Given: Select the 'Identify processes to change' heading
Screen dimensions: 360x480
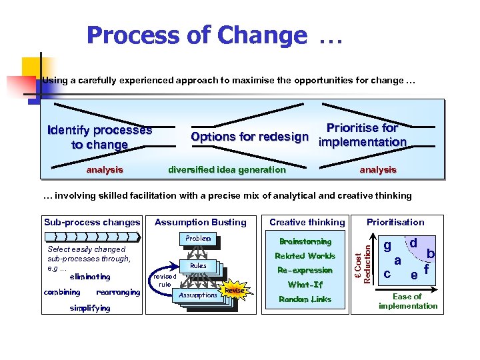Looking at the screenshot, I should click(100, 137).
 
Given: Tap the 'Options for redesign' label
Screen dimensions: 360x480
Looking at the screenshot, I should click(249, 137).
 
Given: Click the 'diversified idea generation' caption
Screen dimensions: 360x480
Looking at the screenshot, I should click(227, 169).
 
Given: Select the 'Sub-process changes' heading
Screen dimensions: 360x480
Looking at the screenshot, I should click(92, 222).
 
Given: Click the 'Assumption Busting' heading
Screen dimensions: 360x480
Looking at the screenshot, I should click(200, 222).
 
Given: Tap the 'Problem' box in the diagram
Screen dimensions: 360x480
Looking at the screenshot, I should click(198, 239).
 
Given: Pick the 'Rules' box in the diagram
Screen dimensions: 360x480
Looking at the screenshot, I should click(198, 265).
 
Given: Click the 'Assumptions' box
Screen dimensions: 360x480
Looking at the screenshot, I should click(198, 295).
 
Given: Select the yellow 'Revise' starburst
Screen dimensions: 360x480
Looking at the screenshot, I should click(234, 290).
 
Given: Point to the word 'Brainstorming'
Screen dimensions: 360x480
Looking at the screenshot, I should click(305, 241).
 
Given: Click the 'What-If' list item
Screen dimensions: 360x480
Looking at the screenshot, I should click(305, 285).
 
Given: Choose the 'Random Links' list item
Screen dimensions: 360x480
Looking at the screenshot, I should click(305, 299).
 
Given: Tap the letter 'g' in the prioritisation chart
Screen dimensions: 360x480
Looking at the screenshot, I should click(387, 245).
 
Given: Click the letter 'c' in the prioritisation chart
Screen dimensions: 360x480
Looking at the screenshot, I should click(387, 273).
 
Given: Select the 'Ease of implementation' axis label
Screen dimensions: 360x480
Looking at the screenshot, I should click(407, 301).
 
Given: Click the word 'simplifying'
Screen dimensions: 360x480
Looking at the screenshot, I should click(90, 308).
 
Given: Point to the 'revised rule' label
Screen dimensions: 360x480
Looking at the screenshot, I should click(164, 280).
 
